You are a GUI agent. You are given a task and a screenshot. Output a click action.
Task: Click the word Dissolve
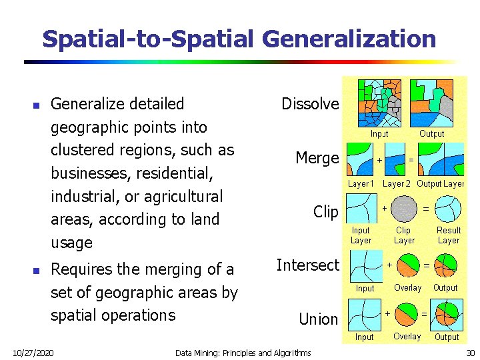310,104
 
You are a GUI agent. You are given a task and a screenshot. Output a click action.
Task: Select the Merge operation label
317,158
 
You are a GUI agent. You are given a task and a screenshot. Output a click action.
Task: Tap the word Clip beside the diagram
326,212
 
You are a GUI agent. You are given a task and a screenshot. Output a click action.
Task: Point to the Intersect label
308,265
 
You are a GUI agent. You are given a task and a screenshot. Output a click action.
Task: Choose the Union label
318,319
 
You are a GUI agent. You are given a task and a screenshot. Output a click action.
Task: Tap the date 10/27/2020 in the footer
34,352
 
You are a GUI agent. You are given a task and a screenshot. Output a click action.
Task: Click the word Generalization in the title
349,39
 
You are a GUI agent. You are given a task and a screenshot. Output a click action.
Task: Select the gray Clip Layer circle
404,209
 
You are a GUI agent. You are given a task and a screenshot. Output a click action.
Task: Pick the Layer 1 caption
361,183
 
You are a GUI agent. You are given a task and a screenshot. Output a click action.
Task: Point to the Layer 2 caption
397,183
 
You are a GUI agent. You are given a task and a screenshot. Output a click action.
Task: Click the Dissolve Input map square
380,103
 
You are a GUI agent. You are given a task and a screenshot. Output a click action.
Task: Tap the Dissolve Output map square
431,103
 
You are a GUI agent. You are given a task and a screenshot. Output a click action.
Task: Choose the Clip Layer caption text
404,235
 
